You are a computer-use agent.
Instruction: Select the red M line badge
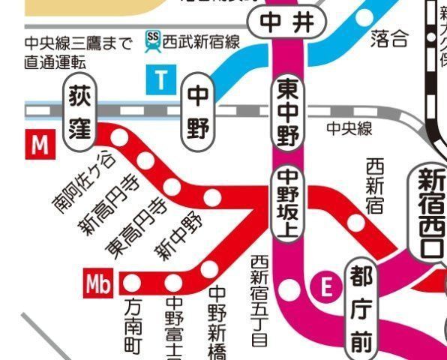pos(40,145)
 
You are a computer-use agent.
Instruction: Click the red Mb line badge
pos(100,284)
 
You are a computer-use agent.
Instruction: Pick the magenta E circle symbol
pos(325,286)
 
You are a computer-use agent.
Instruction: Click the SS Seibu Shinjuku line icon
pos(152,40)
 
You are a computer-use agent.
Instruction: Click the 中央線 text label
pos(349,129)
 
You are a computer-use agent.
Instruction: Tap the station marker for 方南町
pos(132,283)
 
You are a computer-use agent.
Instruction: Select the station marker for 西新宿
pos(357,223)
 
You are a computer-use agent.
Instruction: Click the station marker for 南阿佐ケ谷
pos(120,137)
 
